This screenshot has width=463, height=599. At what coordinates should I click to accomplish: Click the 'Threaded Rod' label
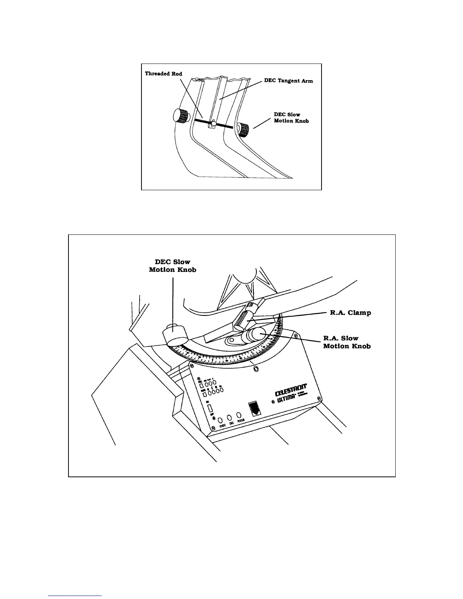pos(163,73)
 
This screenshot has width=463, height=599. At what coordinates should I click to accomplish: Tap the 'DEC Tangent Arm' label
pos(288,81)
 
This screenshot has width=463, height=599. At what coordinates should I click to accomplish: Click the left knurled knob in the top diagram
pos(180,115)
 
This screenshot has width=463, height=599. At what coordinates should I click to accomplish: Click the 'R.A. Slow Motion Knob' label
pos(346,342)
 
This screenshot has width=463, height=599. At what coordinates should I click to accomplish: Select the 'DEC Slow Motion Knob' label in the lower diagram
pos(172,266)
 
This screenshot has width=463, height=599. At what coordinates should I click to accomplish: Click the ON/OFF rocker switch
pos(211,408)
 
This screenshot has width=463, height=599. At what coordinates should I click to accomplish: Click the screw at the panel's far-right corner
pos(320,398)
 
